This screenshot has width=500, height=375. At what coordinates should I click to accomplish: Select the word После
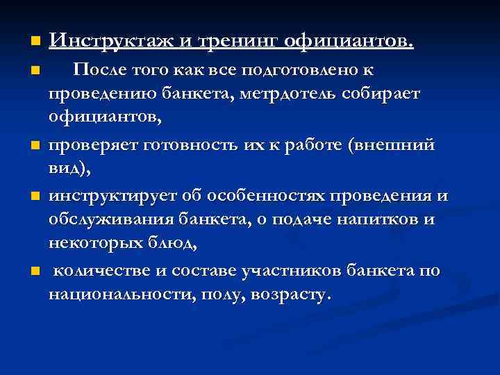pyautogui.click(x=103, y=70)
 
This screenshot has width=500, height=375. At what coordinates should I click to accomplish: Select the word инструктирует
pyautogui.click(x=112, y=197)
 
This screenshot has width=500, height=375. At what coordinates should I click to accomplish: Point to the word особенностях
pyautogui.click(x=262, y=197)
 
